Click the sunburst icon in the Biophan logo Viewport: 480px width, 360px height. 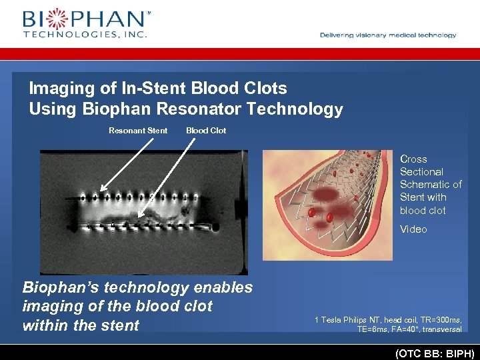[55, 19]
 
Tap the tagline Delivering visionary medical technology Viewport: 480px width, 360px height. [388, 35]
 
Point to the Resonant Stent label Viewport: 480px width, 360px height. [138, 131]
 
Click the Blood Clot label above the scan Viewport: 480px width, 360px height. [206, 131]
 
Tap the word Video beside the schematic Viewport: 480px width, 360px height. [413, 229]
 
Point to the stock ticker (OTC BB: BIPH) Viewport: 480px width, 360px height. [435, 353]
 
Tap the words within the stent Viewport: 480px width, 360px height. [81, 326]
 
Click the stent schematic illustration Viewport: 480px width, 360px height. [327, 204]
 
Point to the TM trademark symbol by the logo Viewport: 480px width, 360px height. [148, 13]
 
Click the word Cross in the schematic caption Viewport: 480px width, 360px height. [413, 159]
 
